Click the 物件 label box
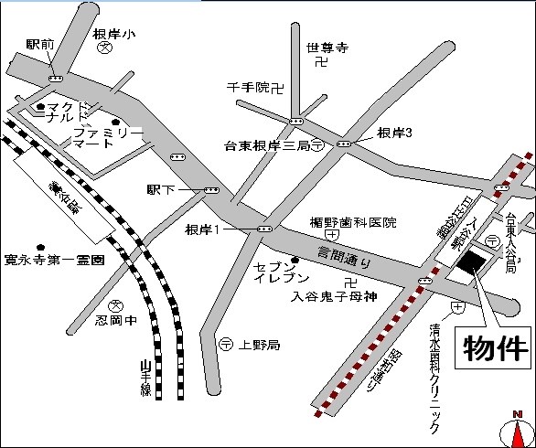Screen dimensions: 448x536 [x=496, y=347]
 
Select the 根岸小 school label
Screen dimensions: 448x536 [x=115, y=35]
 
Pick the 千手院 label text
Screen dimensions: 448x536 [x=250, y=88]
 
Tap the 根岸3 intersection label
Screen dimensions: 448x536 [x=395, y=133]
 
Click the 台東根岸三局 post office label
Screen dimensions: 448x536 [x=265, y=145]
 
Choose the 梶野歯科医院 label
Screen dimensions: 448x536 [x=352, y=222]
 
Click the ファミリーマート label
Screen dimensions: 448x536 [x=108, y=138]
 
